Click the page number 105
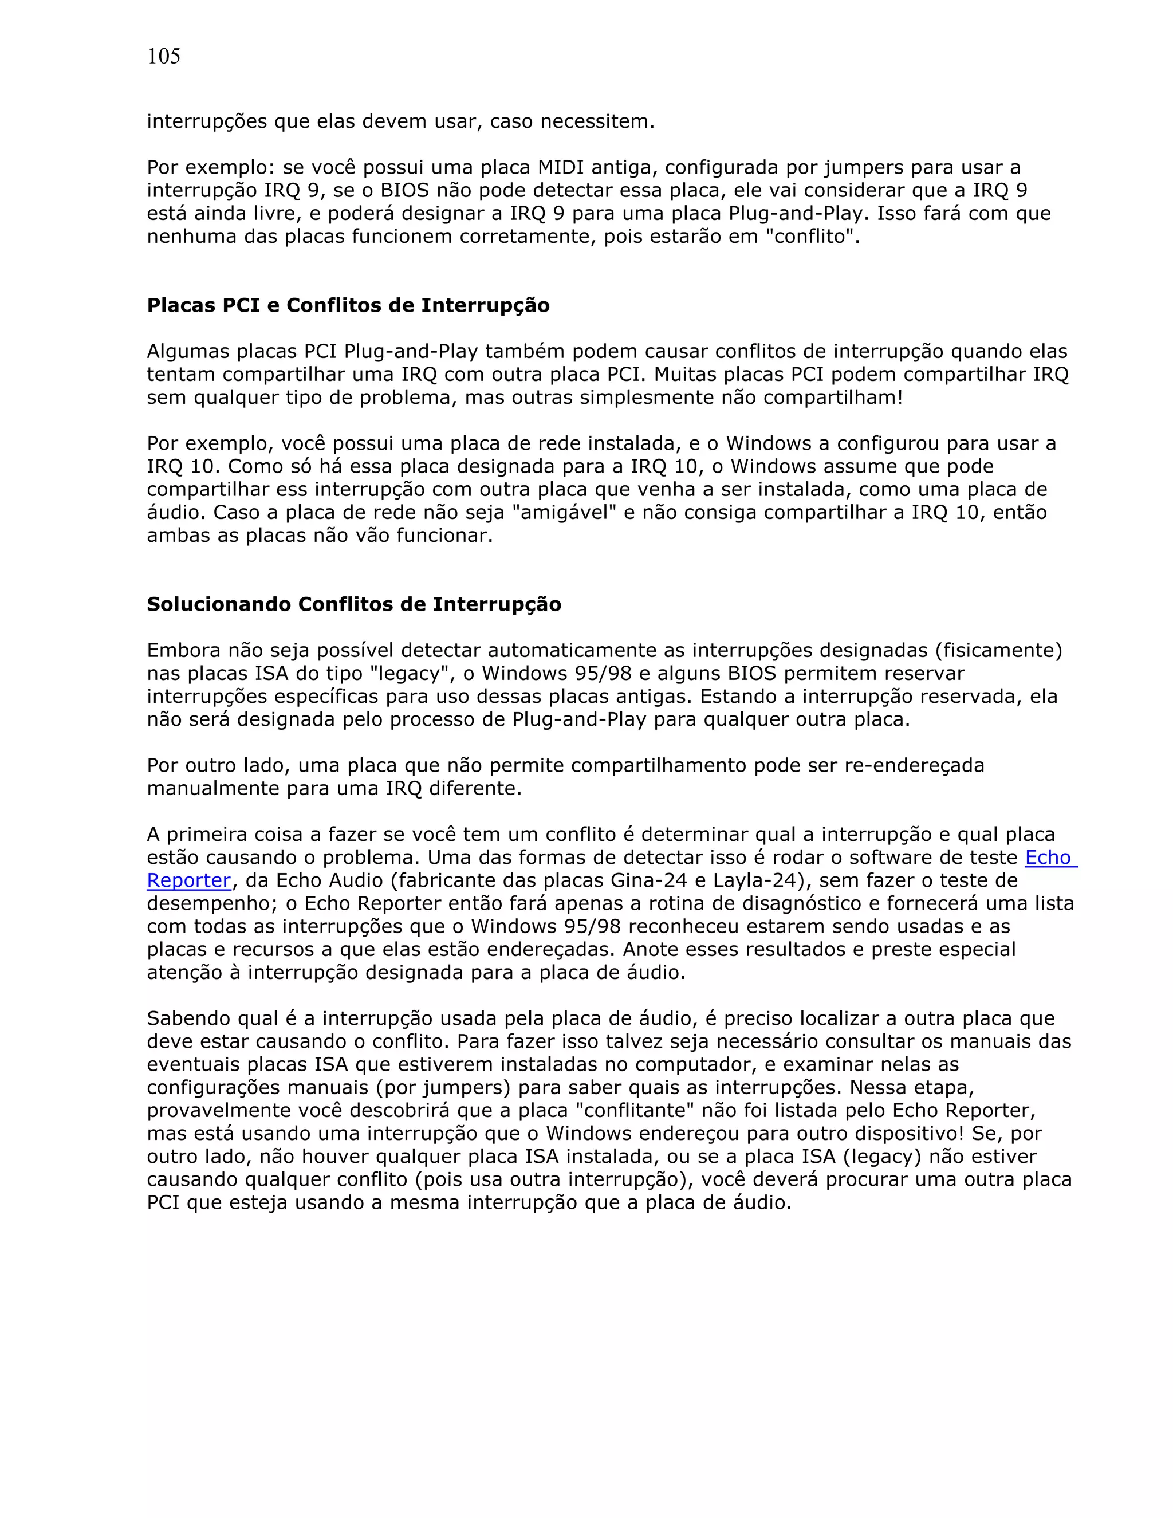pyautogui.click(x=163, y=56)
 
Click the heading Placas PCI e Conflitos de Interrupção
pyautogui.click(x=348, y=305)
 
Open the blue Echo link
pyautogui.click(x=1049, y=857)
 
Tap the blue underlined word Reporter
pyautogui.click(x=188, y=880)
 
